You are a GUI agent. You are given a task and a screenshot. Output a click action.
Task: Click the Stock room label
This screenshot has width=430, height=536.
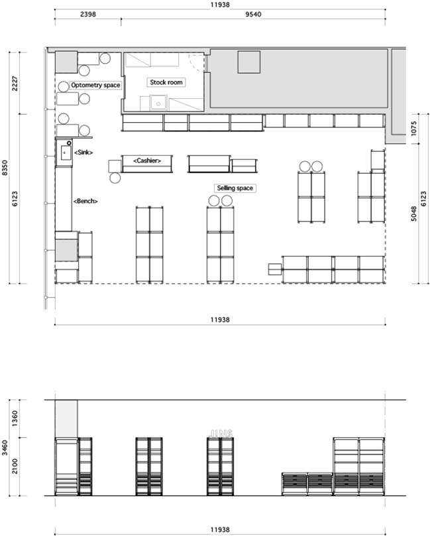(166, 82)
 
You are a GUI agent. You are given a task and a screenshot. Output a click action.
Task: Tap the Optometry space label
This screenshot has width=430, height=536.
(95, 85)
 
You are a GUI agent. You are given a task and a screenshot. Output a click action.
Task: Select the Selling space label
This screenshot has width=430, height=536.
(235, 188)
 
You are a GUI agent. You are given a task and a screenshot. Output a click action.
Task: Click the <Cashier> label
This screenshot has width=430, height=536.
(147, 161)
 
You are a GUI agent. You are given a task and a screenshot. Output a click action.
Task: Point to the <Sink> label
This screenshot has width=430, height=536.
(83, 153)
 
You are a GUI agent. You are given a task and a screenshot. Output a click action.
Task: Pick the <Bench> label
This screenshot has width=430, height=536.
(85, 201)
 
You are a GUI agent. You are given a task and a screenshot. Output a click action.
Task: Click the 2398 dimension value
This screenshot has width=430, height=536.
(87, 15)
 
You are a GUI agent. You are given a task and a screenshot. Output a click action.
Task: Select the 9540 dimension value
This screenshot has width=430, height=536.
(253, 15)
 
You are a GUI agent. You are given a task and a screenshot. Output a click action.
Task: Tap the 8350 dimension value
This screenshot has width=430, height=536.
(5, 168)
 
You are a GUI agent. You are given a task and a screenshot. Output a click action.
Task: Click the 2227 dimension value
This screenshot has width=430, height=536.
(15, 84)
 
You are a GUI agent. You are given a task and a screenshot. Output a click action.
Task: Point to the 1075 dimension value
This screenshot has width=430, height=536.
(414, 129)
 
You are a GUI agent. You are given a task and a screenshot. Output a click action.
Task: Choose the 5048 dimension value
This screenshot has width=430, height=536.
(414, 214)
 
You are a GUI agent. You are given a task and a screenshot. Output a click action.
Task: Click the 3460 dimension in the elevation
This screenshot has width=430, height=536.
(5, 448)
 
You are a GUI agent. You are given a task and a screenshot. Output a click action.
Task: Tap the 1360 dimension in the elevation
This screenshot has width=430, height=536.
(15, 419)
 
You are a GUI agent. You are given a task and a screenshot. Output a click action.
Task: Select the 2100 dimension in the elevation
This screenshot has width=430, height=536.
(15, 466)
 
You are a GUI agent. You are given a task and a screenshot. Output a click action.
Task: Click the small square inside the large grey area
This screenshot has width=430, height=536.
(249, 62)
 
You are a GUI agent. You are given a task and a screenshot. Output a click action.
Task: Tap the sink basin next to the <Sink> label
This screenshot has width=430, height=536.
(66, 153)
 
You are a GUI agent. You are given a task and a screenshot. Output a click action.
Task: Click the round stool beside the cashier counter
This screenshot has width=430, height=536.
(115, 178)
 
